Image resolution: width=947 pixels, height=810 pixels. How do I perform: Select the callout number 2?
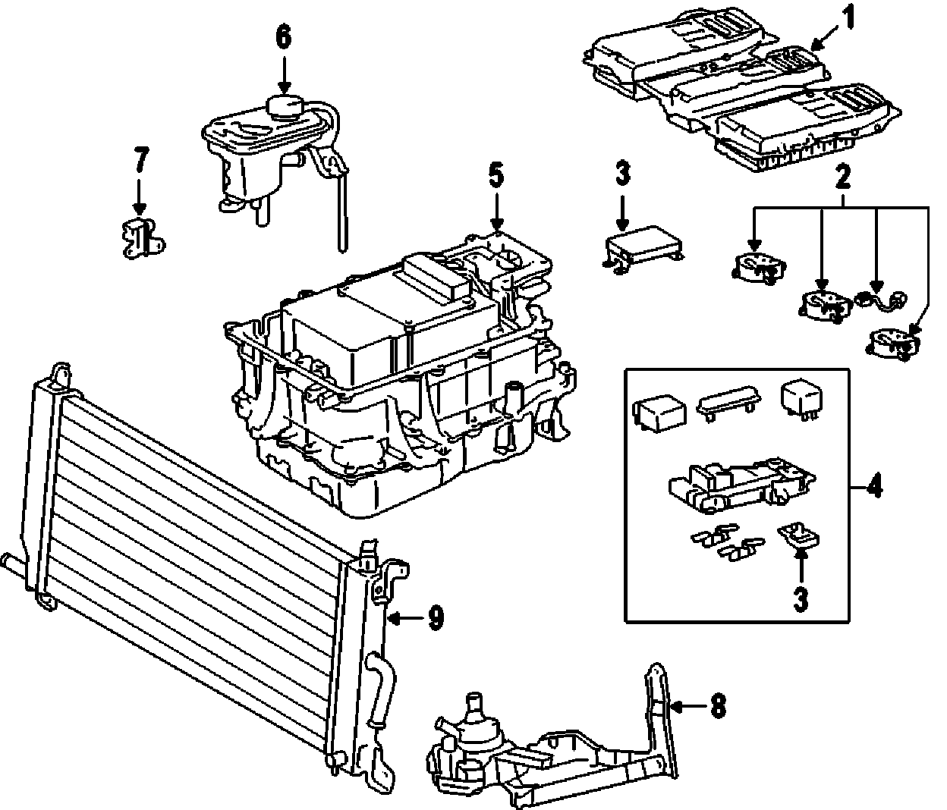click(x=842, y=179)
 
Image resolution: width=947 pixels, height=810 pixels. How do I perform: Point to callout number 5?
click(x=495, y=176)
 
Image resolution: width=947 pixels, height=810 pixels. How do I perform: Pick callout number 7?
click(x=140, y=162)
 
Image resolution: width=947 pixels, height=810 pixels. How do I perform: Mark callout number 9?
click(x=434, y=618)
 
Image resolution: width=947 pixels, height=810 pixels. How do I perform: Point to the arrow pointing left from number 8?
click(x=687, y=706)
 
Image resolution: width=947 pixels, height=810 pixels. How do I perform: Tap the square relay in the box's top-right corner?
click(x=799, y=397)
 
